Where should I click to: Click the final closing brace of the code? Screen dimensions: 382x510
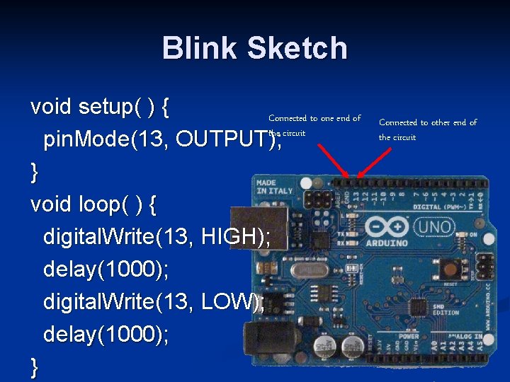point(35,367)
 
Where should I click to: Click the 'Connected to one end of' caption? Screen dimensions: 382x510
point(314,118)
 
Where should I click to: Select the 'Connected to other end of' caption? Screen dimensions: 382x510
point(428,122)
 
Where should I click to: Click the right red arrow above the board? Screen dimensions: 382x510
point(375,158)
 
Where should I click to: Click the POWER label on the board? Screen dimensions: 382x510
point(409,337)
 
